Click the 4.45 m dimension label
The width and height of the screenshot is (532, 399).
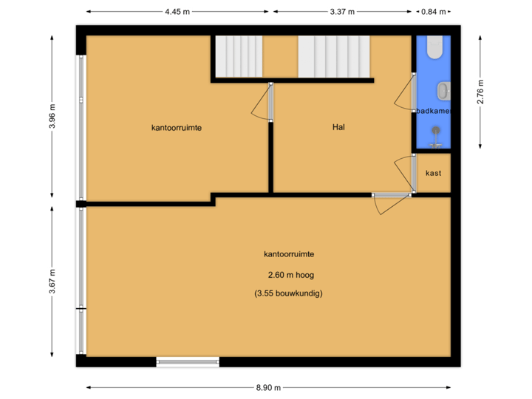click(x=177, y=11)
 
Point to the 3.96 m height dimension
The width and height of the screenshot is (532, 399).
click(x=52, y=116)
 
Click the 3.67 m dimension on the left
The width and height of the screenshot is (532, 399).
click(x=52, y=282)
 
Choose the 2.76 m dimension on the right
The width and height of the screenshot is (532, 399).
click(x=480, y=92)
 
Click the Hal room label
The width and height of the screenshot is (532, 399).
click(x=339, y=127)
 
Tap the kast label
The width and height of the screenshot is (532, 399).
click(x=434, y=173)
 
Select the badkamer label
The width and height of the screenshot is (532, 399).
click(x=433, y=111)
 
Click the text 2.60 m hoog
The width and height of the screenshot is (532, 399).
click(x=292, y=274)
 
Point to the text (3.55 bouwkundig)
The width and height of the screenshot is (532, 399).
click(x=288, y=293)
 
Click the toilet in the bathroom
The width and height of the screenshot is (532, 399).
click(x=434, y=47)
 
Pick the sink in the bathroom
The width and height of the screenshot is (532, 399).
click(x=443, y=91)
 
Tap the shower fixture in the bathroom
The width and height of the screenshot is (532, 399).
click(x=436, y=134)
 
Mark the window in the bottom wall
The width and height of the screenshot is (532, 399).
click(x=188, y=362)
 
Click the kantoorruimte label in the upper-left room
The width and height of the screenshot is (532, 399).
click(x=177, y=127)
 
